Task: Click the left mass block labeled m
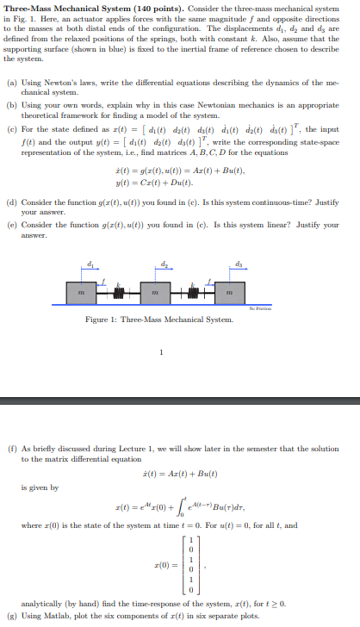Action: (x=81, y=295)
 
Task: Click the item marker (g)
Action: (x=11, y=616)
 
